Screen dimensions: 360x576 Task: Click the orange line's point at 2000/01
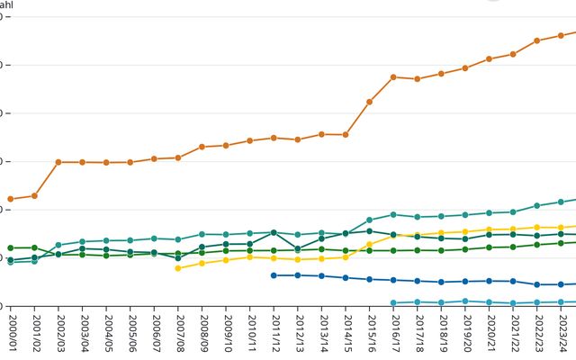click(10, 199)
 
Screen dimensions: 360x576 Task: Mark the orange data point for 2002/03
click(58, 162)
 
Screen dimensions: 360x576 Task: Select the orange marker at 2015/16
click(370, 102)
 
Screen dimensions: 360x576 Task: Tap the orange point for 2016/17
click(393, 77)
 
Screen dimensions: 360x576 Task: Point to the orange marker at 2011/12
click(274, 138)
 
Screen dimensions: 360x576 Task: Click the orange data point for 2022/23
click(537, 40)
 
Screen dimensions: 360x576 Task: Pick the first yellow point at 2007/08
click(178, 268)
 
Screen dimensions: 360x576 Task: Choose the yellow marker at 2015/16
click(370, 244)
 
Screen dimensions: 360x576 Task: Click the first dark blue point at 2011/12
click(274, 275)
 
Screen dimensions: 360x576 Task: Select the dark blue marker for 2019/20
click(465, 282)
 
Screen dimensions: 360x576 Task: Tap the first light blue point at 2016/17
click(393, 302)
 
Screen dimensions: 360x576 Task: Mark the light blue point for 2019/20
click(465, 301)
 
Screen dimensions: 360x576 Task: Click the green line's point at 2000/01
click(10, 247)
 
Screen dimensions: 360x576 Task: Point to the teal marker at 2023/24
click(562, 202)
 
